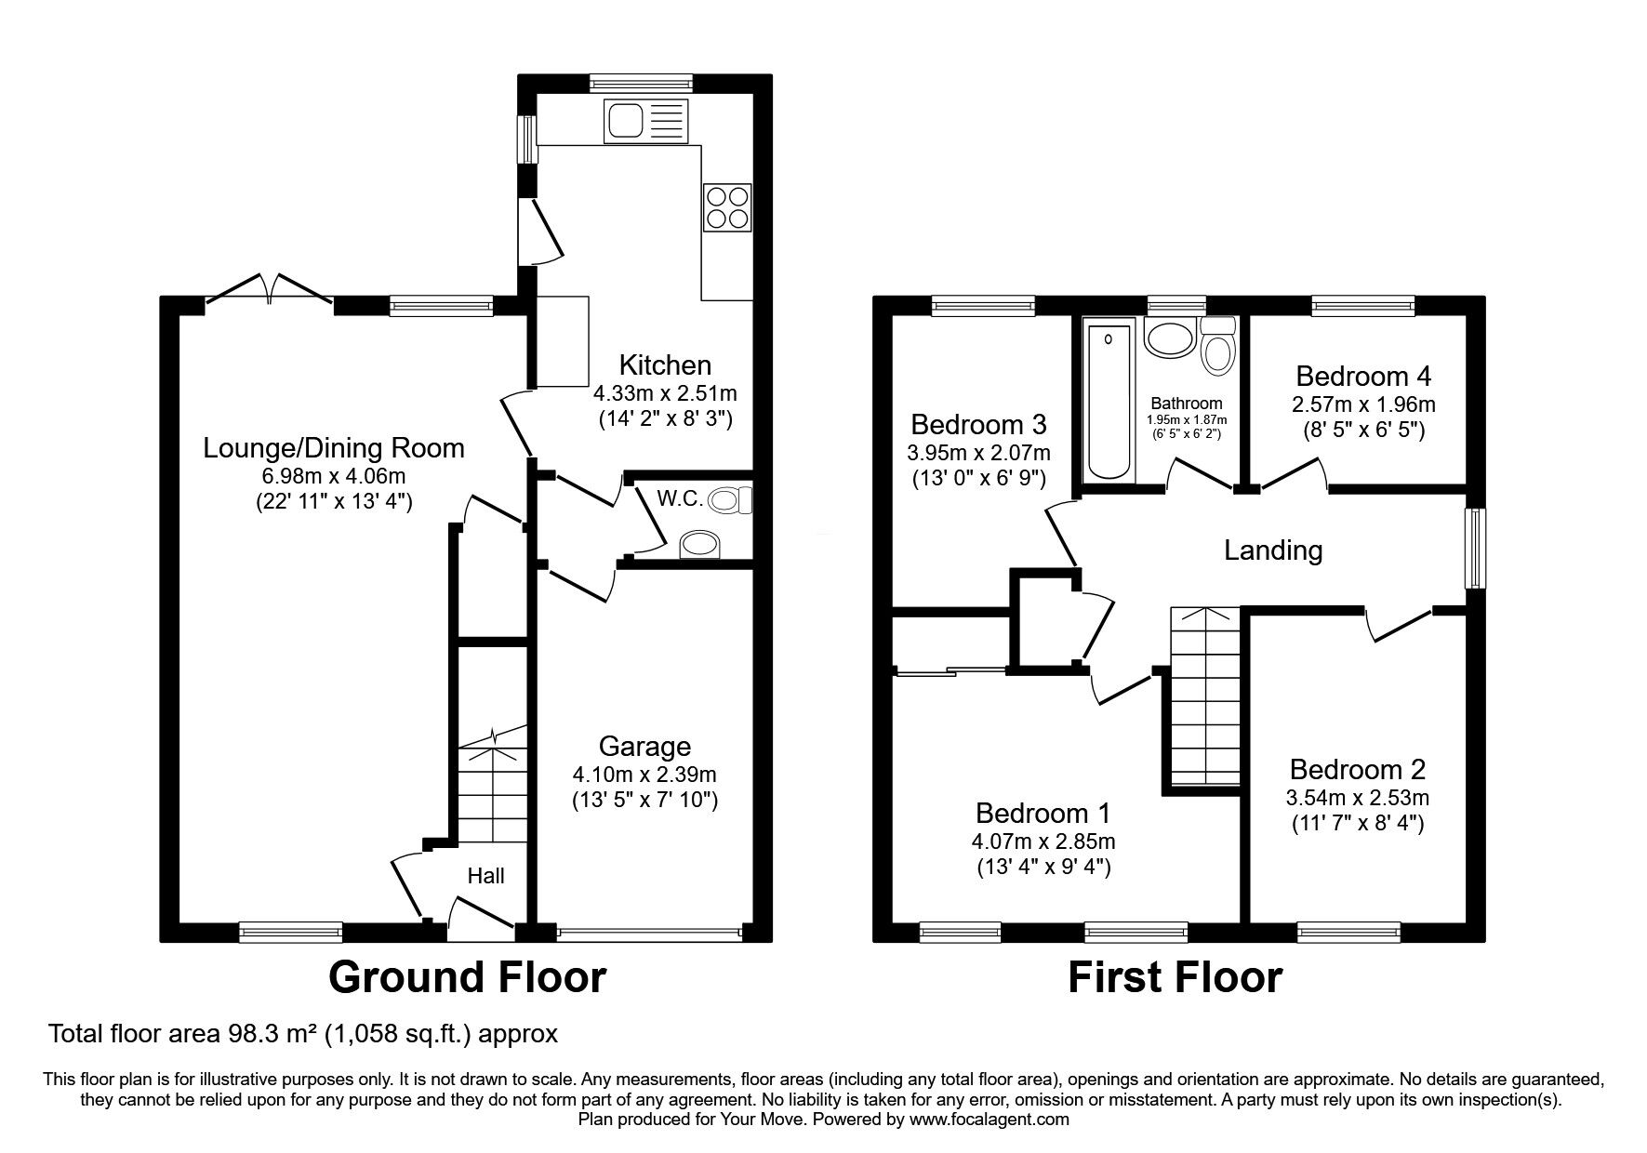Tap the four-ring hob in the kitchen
[728, 207]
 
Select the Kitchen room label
[665, 364]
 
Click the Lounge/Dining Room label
[334, 448]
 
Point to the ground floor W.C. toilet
[731, 502]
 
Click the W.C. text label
[680, 498]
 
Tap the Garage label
[644, 746]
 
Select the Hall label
[485, 875]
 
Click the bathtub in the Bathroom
[1109, 399]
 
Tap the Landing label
[1272, 550]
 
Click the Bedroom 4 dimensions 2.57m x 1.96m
[1363, 405]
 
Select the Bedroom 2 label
[1358, 769]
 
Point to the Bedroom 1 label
[1043, 814]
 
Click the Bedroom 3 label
[978, 425]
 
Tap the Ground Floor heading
[467, 977]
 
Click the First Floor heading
[1175, 977]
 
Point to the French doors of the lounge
[270, 288]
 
